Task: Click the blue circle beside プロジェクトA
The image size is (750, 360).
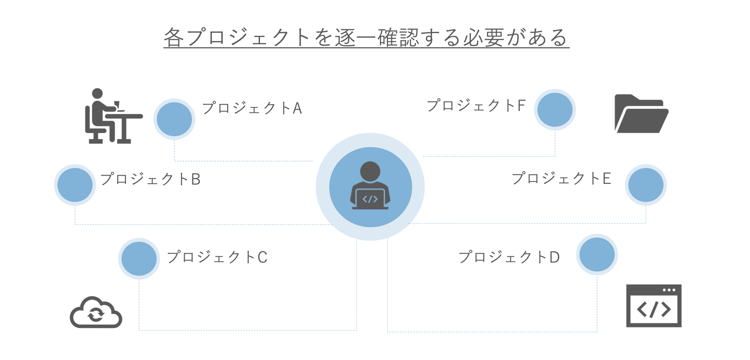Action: [174, 119]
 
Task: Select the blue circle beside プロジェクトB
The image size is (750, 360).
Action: [75, 185]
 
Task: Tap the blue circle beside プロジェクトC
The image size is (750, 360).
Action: [139, 259]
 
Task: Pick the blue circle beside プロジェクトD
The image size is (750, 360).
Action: [597, 255]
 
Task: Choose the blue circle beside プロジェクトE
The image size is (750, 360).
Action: [646, 185]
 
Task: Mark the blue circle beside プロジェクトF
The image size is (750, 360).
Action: [555, 110]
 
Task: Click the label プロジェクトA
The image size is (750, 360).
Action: [252, 108]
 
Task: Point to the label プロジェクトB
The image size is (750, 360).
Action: [150, 179]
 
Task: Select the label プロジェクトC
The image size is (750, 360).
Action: [217, 257]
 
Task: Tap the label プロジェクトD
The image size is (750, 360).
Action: [509, 257]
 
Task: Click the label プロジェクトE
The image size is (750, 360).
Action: [562, 178]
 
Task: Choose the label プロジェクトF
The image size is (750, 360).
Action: [476, 105]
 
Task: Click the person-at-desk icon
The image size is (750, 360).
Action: [114, 116]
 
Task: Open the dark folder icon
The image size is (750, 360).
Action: [642, 114]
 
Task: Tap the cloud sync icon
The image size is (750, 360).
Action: [96, 312]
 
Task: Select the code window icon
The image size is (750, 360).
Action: [654, 306]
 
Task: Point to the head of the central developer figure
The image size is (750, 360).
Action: [370, 171]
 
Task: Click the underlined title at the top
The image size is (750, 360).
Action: [366, 37]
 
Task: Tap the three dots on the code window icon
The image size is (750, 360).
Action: [669, 290]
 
